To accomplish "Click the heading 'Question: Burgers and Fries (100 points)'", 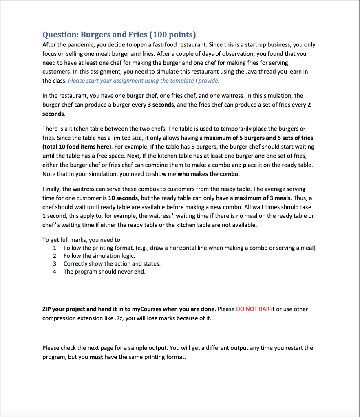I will tap(119, 34).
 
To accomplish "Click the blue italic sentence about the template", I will tap(144, 81).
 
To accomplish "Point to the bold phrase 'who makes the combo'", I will tap(212, 174).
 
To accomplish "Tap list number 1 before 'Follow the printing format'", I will tap(55, 248).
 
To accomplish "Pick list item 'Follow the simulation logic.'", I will tap(99, 256).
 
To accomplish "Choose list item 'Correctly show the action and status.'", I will tap(112, 263).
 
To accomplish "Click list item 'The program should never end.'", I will tap(104, 271).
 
